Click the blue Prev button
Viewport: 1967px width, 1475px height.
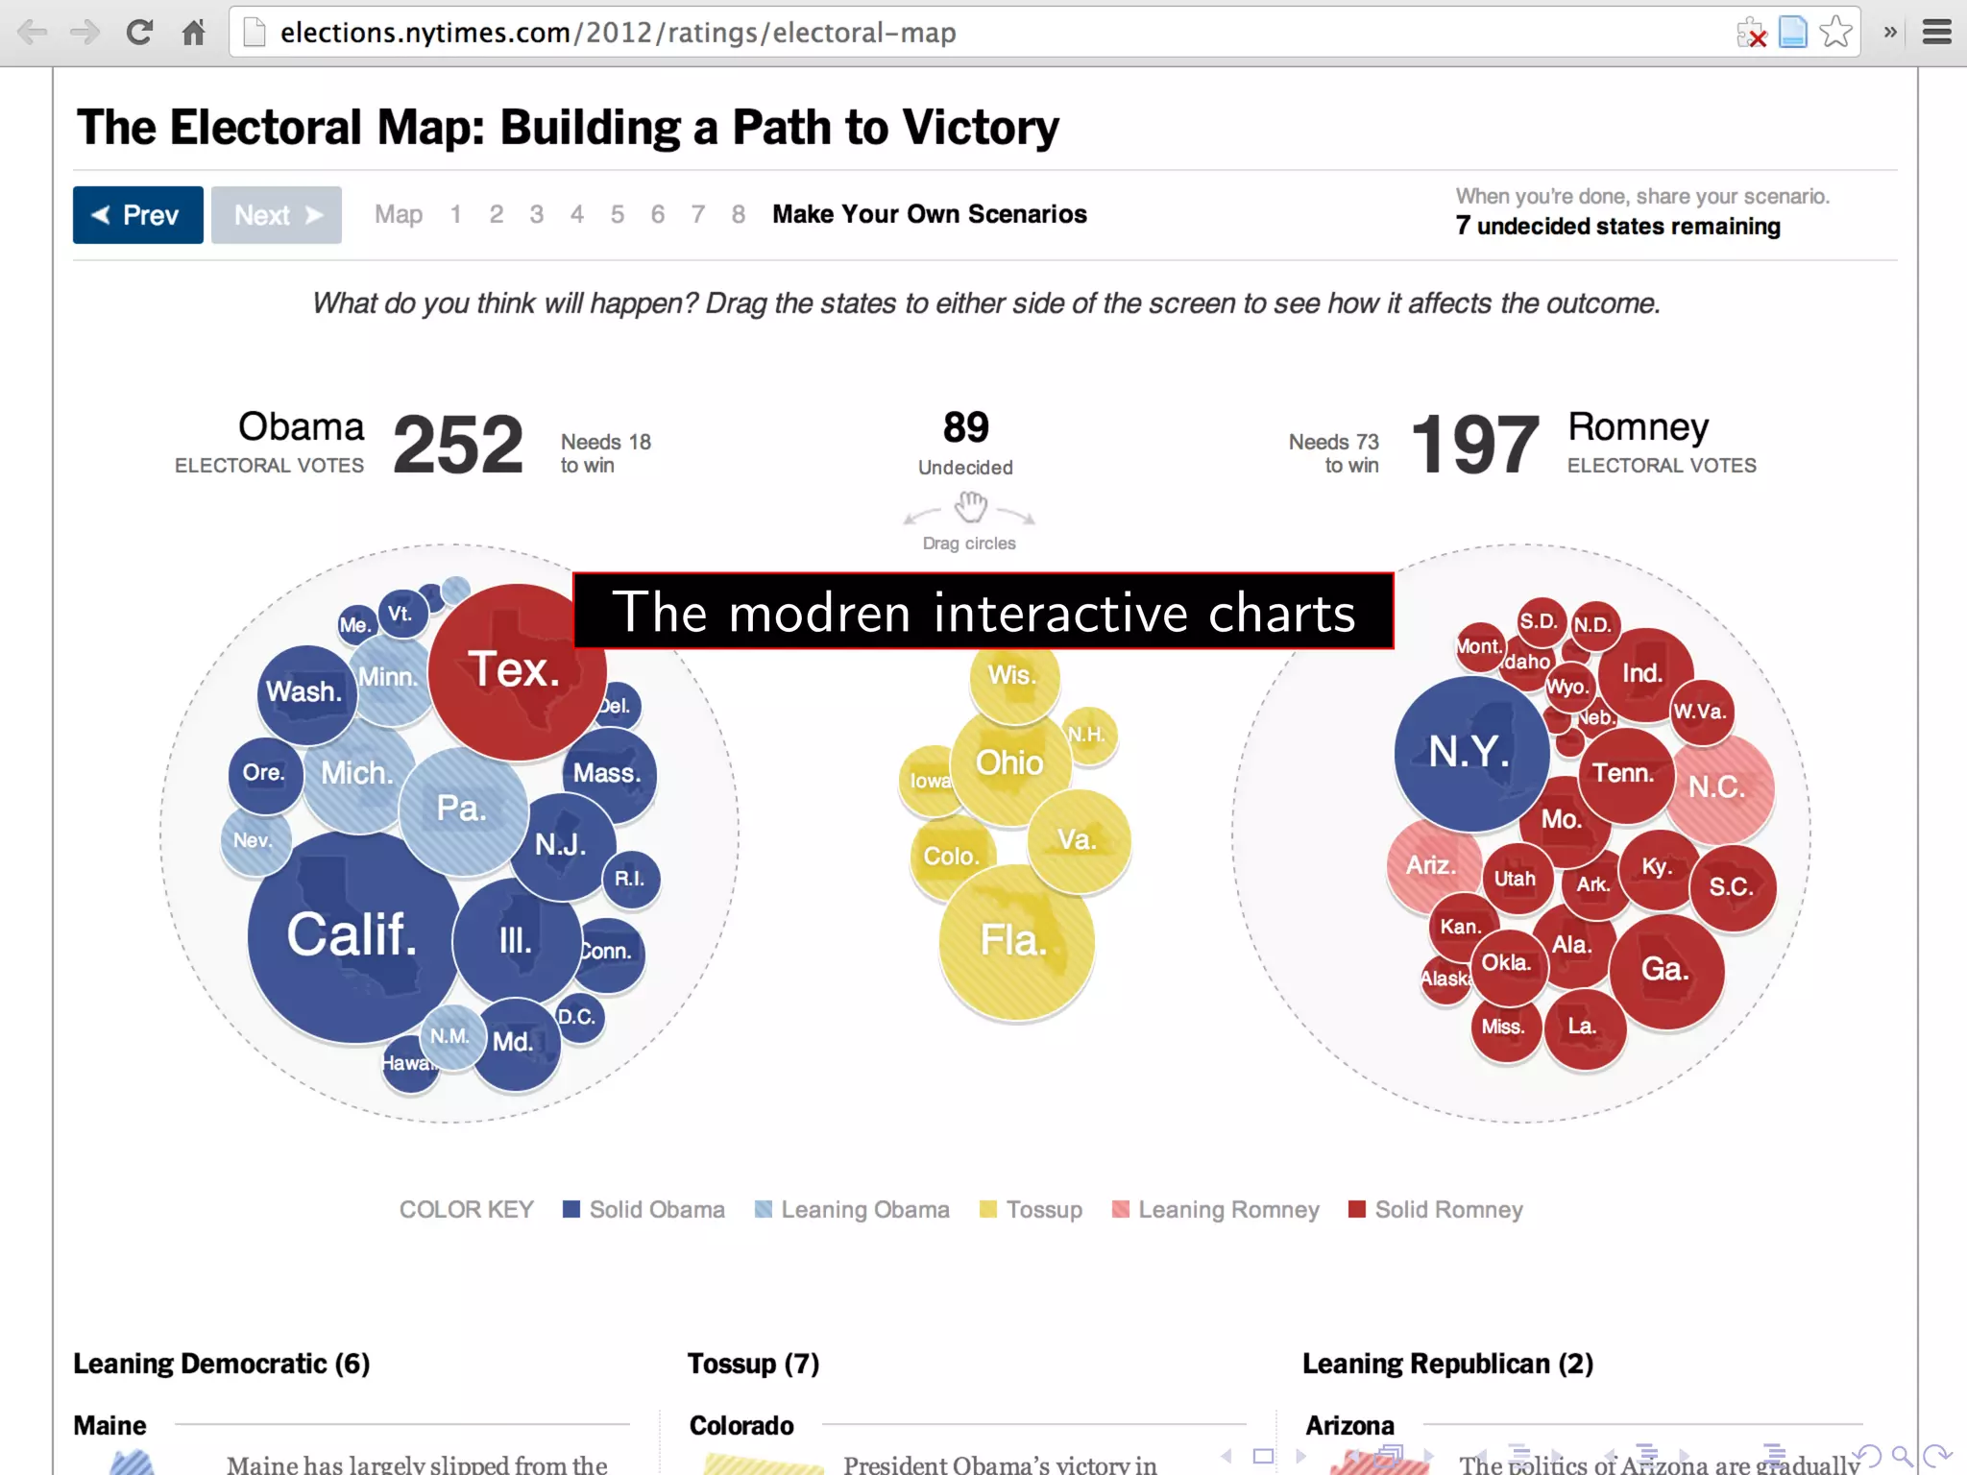point(137,215)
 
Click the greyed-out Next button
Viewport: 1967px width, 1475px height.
point(277,215)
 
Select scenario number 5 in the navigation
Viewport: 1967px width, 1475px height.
point(617,214)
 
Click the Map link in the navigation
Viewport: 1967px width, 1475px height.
point(398,214)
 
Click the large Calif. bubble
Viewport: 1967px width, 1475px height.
point(352,936)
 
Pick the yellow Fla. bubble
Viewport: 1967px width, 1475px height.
point(1014,941)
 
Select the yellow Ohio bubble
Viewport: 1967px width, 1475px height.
point(1009,763)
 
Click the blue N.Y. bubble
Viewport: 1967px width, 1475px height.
point(1469,752)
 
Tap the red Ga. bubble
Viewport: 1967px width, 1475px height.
point(1665,970)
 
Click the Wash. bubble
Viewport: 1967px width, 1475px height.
point(304,692)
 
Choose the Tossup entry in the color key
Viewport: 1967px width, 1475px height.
point(1031,1210)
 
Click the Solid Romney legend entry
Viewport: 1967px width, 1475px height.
point(1436,1210)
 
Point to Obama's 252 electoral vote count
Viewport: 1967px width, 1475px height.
point(458,446)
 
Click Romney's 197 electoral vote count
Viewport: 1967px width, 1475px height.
point(1474,446)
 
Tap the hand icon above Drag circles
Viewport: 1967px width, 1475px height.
point(971,506)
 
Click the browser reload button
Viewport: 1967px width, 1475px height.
point(140,33)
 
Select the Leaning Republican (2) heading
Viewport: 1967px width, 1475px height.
point(1446,1364)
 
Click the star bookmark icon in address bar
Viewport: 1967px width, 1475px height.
point(1835,33)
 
